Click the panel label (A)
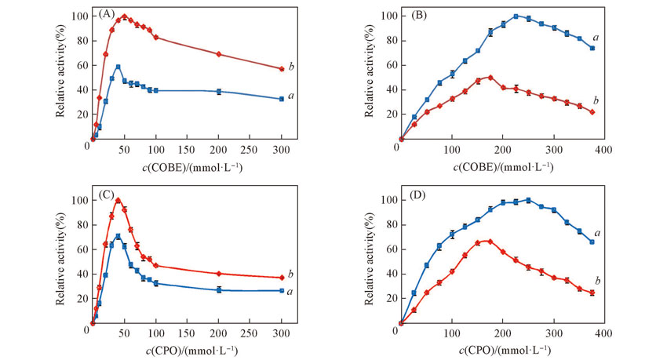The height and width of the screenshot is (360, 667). (106, 15)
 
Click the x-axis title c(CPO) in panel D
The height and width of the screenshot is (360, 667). (499, 350)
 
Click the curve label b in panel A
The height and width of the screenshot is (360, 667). (291, 67)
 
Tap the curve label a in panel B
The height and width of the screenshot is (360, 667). (596, 38)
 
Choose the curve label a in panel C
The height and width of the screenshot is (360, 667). (291, 291)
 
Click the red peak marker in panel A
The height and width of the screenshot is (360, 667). (124, 16)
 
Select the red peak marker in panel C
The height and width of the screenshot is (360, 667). (118, 200)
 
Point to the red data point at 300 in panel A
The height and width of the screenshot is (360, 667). (281, 69)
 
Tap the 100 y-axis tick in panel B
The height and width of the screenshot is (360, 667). (385, 16)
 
